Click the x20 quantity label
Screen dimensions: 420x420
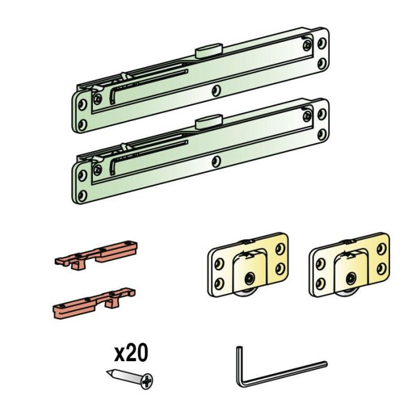click(131, 353)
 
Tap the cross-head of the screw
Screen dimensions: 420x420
click(147, 381)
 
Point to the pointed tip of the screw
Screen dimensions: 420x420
click(107, 372)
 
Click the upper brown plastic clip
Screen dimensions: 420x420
click(96, 255)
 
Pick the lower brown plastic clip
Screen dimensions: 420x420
click(94, 304)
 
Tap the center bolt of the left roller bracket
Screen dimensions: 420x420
click(250, 278)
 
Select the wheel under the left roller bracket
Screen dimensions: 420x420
click(247, 293)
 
